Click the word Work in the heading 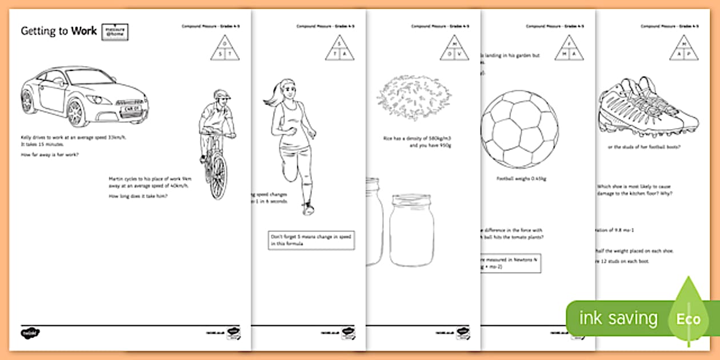[83, 31]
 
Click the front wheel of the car [75, 113]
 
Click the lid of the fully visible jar [411, 201]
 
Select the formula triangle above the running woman [339, 47]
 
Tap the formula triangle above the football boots [683, 47]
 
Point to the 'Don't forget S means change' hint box [311, 240]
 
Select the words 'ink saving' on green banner [618, 318]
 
